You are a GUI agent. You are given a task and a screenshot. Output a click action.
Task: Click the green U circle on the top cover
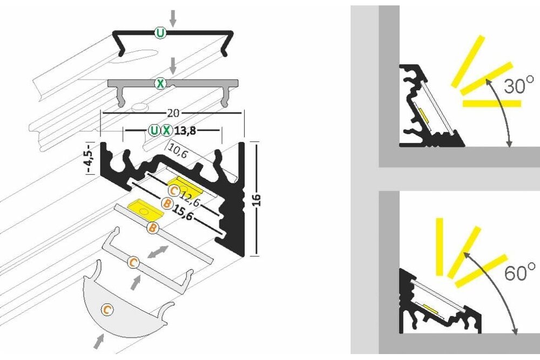click(160, 33)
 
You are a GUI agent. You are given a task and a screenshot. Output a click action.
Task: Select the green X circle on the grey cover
click(160, 83)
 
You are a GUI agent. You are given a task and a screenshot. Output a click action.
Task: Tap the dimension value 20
click(173, 113)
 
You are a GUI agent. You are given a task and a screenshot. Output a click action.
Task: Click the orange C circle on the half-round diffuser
click(107, 310)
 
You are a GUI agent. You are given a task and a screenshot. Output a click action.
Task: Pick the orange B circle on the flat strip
click(153, 228)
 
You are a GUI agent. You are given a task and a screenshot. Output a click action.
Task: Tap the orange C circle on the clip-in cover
click(132, 262)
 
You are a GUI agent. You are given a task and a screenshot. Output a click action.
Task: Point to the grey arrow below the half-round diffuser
click(99, 340)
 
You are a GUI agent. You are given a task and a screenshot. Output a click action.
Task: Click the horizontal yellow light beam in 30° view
click(492, 103)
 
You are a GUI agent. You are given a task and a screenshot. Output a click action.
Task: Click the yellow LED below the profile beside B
click(140, 208)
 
